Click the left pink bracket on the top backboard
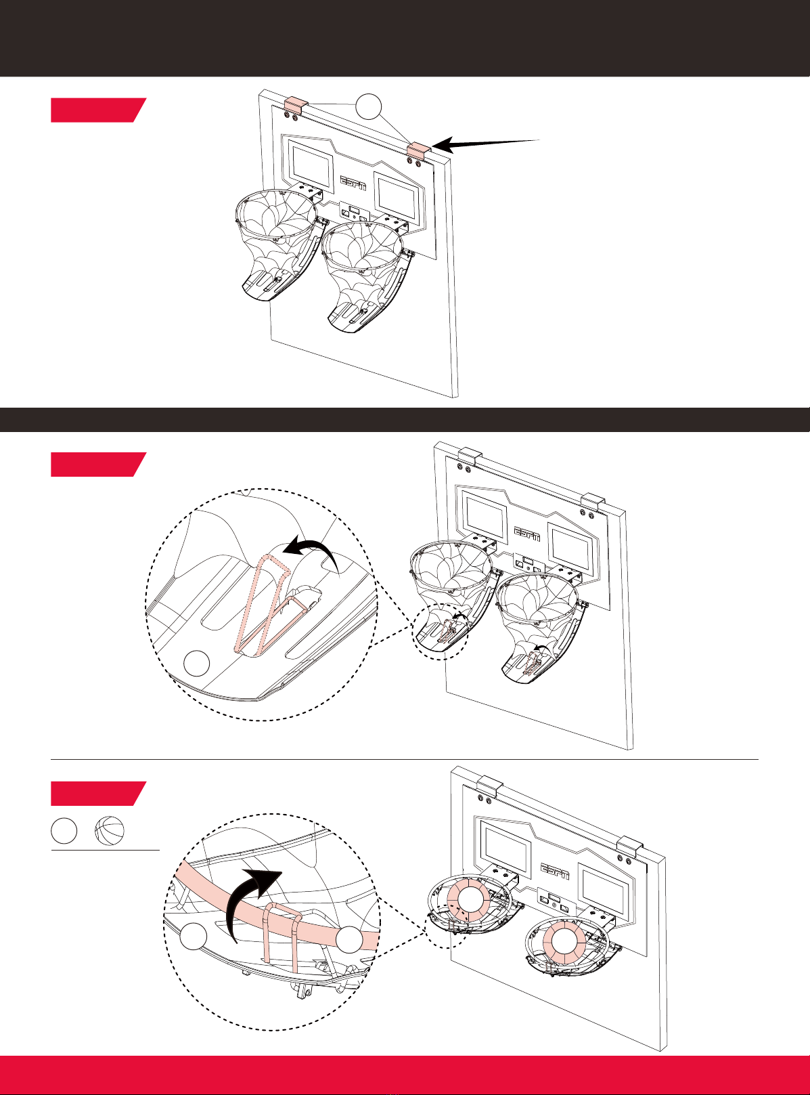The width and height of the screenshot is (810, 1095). (296, 104)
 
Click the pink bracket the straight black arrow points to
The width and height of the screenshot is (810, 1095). (419, 150)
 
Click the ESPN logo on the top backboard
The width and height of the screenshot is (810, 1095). (354, 183)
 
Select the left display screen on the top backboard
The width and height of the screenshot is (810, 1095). (312, 163)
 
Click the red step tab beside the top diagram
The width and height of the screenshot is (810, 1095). (98, 110)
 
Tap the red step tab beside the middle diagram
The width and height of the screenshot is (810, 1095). (98, 465)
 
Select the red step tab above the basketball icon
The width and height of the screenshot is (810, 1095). (98, 794)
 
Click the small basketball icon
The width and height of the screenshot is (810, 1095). (110, 832)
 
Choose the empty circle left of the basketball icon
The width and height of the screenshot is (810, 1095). (64, 832)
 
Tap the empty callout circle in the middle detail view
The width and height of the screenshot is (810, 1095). (197, 662)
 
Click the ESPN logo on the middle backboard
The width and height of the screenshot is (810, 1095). (527, 534)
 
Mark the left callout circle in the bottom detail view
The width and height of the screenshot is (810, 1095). (193, 936)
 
